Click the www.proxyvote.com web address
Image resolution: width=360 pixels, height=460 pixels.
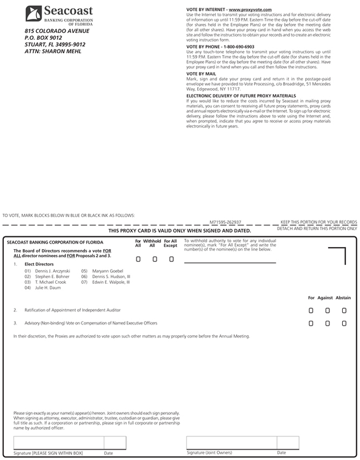(250, 10)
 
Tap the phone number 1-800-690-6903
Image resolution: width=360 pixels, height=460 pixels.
(237, 47)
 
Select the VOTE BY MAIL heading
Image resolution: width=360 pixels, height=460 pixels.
(201, 74)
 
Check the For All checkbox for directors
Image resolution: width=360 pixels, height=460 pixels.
(138, 259)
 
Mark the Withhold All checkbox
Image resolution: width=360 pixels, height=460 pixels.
(155, 259)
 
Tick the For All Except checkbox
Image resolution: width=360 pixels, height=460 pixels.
(171, 259)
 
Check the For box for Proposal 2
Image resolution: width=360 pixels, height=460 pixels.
(311, 310)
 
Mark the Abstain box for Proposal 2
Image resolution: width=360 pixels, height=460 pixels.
(344, 310)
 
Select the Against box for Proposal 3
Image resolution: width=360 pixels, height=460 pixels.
(327, 324)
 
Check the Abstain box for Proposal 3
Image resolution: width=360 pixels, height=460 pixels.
(344, 324)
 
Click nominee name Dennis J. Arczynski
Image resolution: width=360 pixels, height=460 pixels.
(53, 271)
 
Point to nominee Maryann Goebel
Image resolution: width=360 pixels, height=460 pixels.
(108, 271)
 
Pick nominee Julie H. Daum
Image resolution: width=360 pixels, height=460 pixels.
(48, 288)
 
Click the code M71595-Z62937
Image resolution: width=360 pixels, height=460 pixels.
(226, 221)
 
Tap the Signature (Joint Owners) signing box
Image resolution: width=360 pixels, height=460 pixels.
(231, 442)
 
